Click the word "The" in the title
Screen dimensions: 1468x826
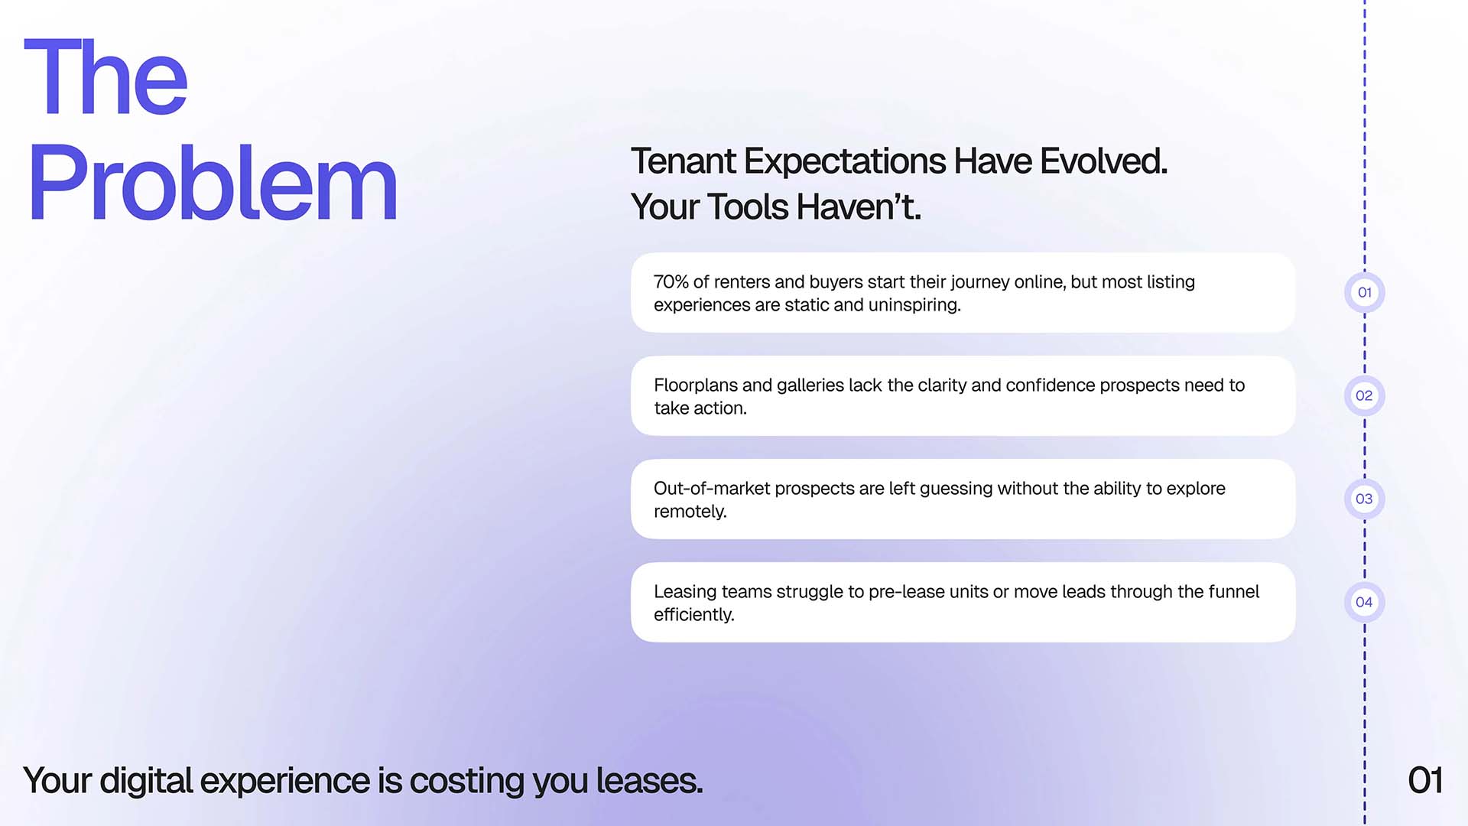[106, 77]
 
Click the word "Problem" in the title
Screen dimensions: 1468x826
[213, 183]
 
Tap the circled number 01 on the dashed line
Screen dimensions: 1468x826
[1364, 292]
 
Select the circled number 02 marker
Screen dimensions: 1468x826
[1364, 395]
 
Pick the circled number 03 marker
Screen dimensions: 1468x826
[1364, 499]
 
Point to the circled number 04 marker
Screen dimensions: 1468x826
[1364, 602]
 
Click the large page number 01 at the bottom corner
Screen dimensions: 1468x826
[1425, 781]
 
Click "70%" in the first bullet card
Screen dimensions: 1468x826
[671, 282]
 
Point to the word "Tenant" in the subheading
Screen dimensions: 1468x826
[684, 161]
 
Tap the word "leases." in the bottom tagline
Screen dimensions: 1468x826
[649, 781]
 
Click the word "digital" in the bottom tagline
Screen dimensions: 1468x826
[146, 782]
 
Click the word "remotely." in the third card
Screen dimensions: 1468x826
[690, 512]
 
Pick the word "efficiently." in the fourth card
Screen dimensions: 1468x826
[694, 615]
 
